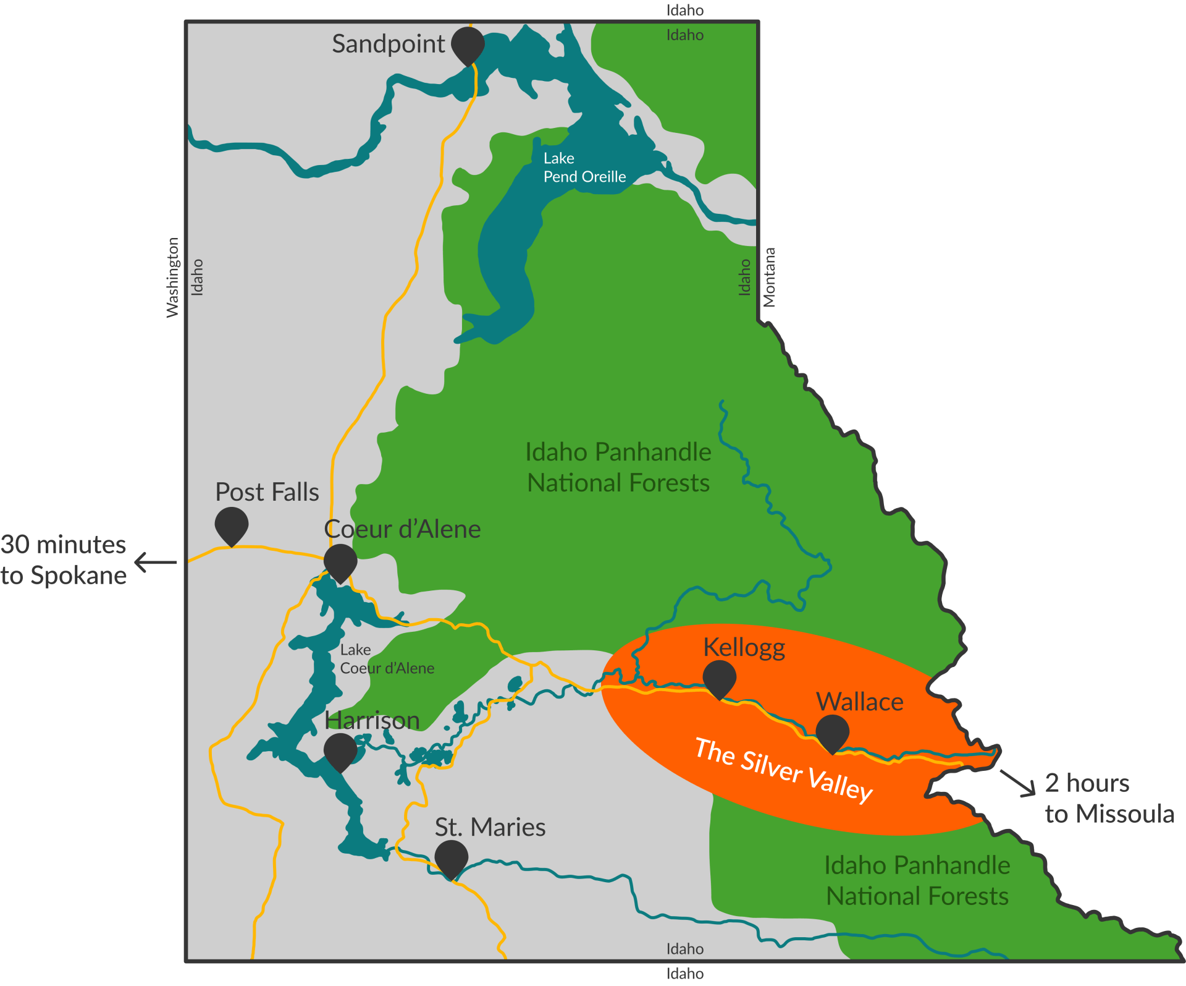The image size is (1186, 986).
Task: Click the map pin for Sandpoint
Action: [x=468, y=45]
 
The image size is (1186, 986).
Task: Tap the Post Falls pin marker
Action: [x=232, y=525]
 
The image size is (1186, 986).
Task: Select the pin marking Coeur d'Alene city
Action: [x=340, y=562]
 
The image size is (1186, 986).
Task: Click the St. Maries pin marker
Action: [x=451, y=859]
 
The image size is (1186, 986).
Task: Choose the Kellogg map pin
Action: [x=720, y=678]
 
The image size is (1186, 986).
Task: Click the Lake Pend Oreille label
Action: [x=584, y=168]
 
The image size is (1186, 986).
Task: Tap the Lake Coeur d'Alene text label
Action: [x=387, y=659]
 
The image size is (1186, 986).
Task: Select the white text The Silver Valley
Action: [x=783, y=770]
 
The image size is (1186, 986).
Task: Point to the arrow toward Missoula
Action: [x=1018, y=783]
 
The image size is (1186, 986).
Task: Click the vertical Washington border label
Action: [x=172, y=278]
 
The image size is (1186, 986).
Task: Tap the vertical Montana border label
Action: [x=769, y=278]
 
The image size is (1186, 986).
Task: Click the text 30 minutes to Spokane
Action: [x=64, y=560]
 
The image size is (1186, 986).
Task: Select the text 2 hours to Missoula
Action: [x=1109, y=798]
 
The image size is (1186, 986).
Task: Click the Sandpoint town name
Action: [x=388, y=44]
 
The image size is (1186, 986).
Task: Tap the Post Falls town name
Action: [x=267, y=492]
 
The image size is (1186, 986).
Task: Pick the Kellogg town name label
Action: [x=744, y=647]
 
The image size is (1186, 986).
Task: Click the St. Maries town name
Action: [x=490, y=827]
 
